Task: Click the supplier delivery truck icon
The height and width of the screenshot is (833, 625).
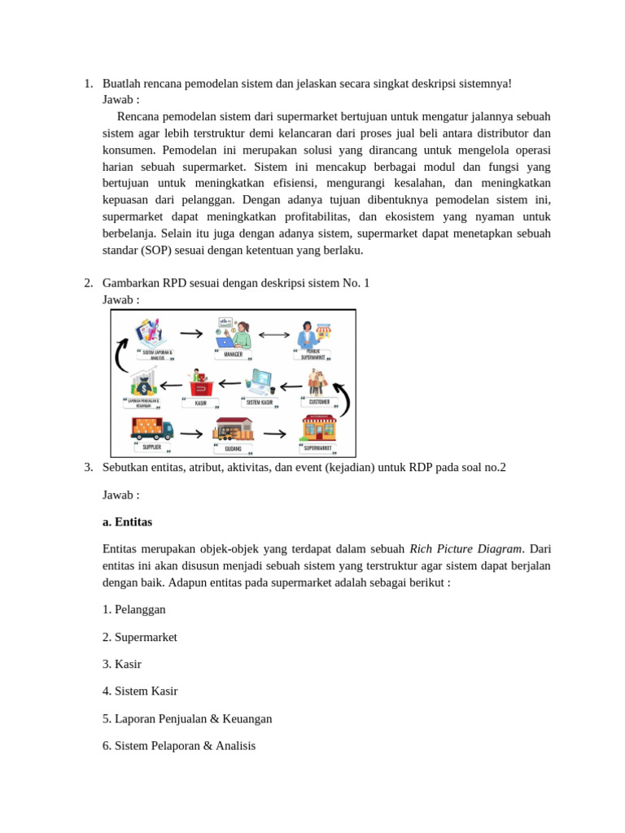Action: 151,428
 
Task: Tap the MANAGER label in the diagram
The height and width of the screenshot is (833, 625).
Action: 233,355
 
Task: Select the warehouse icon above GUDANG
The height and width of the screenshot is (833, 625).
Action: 233,429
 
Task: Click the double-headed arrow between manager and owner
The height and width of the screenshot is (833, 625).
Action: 274,334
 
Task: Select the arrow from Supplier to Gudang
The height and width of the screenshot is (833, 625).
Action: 192,434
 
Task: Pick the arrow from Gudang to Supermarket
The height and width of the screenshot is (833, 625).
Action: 275,434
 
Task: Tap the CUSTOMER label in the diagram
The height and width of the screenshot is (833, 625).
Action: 319,402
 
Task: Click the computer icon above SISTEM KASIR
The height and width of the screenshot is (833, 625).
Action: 260,382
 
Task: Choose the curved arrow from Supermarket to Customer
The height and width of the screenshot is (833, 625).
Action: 343,399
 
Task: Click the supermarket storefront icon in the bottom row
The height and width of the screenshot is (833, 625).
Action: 318,428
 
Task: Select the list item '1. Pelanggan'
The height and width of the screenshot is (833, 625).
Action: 134,609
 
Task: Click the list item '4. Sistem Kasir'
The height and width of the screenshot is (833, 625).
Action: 140,691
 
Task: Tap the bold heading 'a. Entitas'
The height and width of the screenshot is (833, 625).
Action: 127,521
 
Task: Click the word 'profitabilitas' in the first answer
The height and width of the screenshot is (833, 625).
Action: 309,216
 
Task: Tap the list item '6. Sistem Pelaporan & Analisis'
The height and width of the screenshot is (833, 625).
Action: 179,745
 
